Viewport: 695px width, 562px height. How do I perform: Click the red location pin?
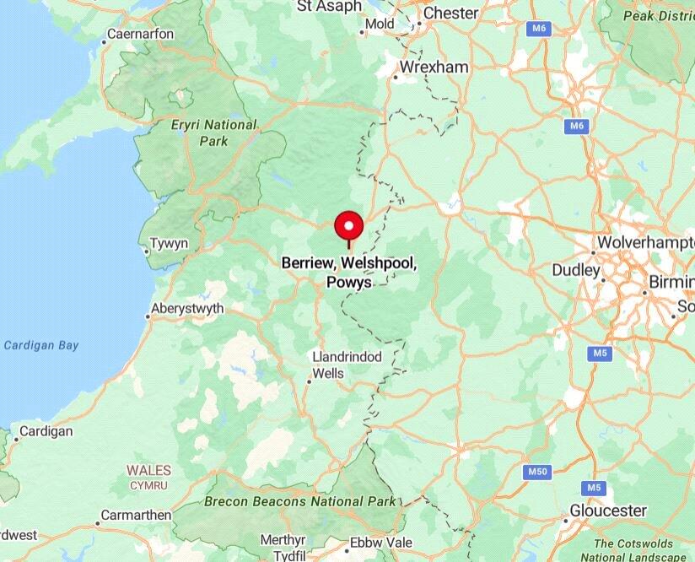tap(348, 226)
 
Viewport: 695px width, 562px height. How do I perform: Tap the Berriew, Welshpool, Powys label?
tap(348, 273)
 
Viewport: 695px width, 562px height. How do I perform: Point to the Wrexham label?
tap(434, 67)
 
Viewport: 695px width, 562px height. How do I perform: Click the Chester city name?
tap(450, 13)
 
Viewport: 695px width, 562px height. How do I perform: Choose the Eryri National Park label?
tap(213, 132)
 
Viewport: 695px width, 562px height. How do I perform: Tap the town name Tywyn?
tap(169, 244)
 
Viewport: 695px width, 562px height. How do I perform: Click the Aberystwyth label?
tap(187, 308)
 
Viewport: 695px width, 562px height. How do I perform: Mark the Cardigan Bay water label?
tap(40, 344)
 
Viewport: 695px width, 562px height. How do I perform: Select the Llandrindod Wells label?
tap(346, 365)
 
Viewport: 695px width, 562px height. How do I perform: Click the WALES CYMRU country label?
tap(148, 478)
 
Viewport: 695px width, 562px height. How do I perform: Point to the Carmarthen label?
tap(136, 515)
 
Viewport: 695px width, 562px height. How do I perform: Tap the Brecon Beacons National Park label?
tap(289, 501)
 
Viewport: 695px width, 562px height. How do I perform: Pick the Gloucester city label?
tap(608, 511)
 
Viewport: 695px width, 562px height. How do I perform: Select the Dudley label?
tap(575, 270)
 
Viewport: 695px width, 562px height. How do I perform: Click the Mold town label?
tap(379, 24)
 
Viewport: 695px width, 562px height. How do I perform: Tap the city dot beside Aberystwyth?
tap(148, 316)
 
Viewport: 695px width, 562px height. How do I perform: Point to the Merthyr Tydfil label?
tap(283, 547)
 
